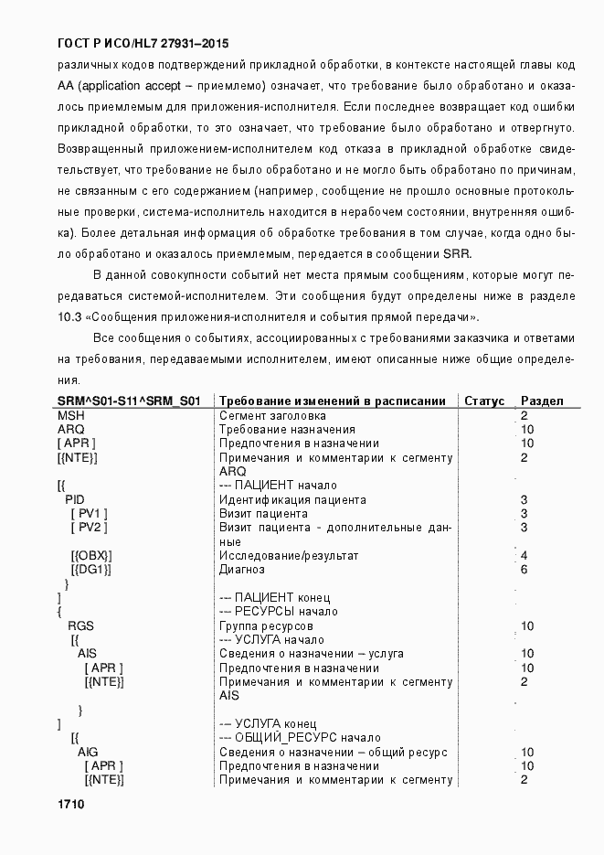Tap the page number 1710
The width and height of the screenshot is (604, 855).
[70, 805]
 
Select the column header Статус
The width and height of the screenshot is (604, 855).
[484, 401]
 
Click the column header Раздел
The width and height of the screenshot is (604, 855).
[542, 401]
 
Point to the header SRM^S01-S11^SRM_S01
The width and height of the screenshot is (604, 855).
[129, 401]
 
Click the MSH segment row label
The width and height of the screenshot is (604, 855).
[70, 415]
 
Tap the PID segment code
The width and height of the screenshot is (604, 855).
[75, 499]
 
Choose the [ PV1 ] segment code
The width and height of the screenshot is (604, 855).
[90, 514]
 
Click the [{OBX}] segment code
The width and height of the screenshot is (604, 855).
[91, 555]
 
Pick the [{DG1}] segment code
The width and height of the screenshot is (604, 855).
[91, 569]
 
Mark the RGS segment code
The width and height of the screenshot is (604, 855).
[80, 625]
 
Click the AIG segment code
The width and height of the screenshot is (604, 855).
[88, 752]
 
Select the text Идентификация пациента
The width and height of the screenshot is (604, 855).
[292, 499]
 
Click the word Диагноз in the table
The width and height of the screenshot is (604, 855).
[242, 569]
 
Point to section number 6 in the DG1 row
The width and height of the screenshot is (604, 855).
[524, 569]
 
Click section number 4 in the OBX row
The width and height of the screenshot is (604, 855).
[524, 555]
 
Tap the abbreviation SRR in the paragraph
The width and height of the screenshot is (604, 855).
[457, 253]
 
